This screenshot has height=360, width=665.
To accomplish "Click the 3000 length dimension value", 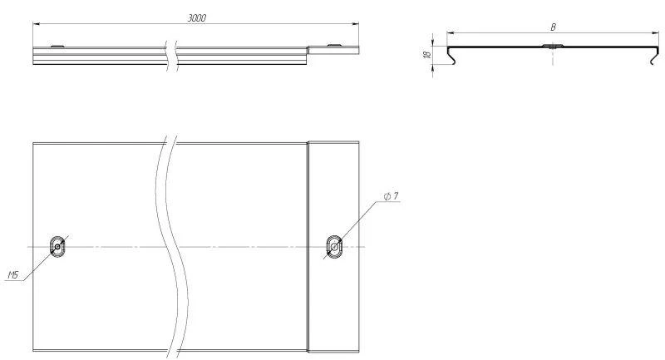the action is (197, 17).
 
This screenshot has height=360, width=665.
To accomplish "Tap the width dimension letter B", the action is (553, 27).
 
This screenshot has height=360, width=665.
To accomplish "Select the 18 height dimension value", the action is (427, 54).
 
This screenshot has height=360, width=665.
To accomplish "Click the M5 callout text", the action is (13, 275).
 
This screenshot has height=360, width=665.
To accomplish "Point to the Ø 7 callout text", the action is (391, 196).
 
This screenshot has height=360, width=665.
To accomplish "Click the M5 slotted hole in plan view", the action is (57, 246).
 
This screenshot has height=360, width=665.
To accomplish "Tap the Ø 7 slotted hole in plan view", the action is (334, 246).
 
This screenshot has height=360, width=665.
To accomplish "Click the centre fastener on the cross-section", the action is (553, 46).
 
